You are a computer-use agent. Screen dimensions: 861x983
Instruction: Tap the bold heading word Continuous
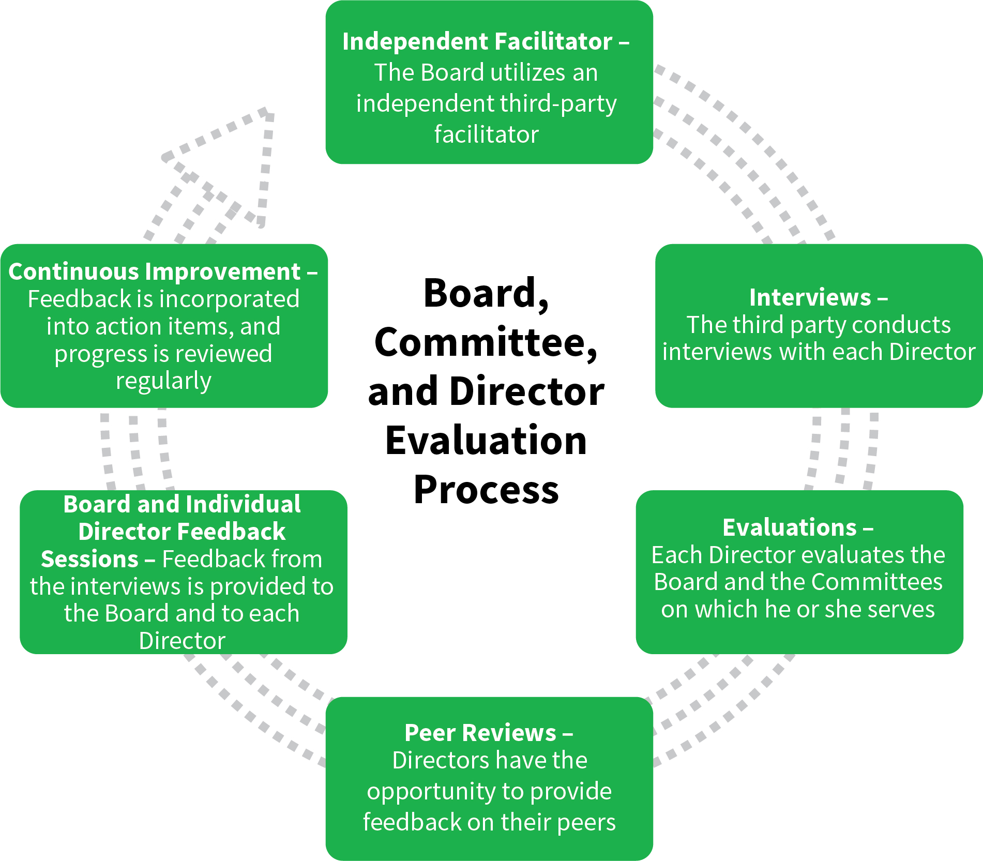coord(77,271)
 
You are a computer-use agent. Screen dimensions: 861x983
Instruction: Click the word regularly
coord(163,381)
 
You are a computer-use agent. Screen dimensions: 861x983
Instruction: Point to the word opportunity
coord(431,792)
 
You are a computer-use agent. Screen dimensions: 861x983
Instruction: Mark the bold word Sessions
coord(89,559)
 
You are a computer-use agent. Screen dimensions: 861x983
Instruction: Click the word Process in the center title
coord(486,489)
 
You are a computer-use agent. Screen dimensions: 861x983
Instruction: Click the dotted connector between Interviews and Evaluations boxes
coord(843,449)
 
